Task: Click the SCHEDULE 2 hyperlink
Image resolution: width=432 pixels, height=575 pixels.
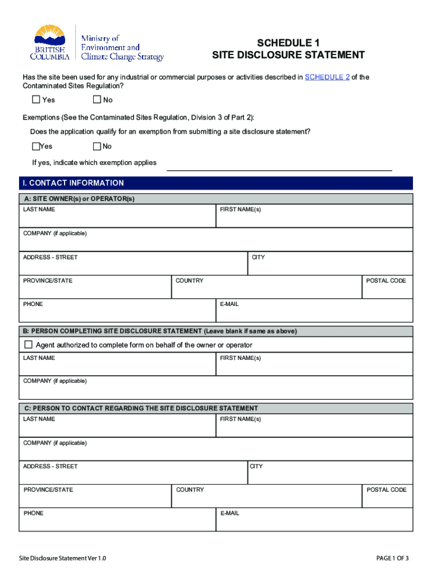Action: [x=327, y=77]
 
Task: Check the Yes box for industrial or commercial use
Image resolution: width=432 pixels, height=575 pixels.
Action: [x=36, y=100]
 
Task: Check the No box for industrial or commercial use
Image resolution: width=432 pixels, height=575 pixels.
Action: [x=96, y=100]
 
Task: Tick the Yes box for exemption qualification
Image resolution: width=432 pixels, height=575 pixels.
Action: [x=36, y=147]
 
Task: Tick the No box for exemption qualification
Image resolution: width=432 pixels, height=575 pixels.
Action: [x=96, y=147]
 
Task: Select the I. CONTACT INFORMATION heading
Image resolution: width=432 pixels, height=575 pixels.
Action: [x=71, y=183]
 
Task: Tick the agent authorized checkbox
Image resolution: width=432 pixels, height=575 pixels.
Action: [x=29, y=345]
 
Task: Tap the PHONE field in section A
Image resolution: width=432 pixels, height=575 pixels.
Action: [x=117, y=313]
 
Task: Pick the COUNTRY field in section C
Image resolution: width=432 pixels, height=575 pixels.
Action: [x=266, y=499]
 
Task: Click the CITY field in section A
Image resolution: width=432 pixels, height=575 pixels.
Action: [x=330, y=266]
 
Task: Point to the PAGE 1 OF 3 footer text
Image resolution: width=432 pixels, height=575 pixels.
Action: [x=392, y=558]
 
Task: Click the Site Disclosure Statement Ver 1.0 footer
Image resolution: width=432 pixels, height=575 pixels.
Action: [x=62, y=558]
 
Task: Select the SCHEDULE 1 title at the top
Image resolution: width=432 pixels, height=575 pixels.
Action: [x=288, y=43]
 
